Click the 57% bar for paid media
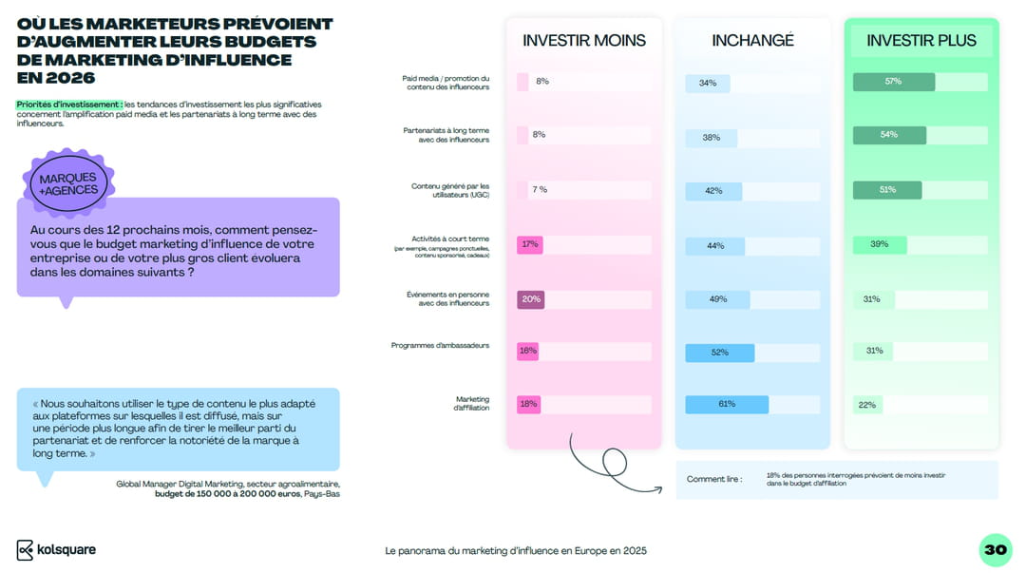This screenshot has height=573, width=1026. click(x=893, y=82)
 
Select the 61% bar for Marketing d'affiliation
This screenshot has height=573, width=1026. click(x=726, y=404)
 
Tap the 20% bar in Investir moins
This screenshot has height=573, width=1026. click(x=530, y=299)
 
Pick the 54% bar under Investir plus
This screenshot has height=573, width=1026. click(x=889, y=135)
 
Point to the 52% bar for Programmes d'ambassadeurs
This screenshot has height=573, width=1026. click(x=719, y=353)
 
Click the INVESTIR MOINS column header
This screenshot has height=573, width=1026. click(x=583, y=40)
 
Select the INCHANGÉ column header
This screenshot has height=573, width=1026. click(x=752, y=40)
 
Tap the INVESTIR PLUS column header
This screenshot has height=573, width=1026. click(x=921, y=40)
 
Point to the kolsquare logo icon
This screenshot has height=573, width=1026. click(x=26, y=550)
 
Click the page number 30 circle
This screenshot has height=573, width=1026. click(x=995, y=549)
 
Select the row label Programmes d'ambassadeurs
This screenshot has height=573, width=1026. click(x=440, y=345)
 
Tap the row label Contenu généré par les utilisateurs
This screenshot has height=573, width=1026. click(x=450, y=190)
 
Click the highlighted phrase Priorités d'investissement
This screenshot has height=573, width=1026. click(x=68, y=104)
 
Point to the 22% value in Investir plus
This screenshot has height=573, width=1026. click(x=866, y=405)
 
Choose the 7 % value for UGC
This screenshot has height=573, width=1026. click(x=539, y=189)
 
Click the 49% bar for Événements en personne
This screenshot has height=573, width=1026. click(x=717, y=299)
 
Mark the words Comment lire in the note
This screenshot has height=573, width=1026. click(x=714, y=479)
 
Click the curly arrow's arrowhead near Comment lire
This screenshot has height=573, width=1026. click(x=658, y=488)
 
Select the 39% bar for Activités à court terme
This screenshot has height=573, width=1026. click(x=880, y=244)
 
